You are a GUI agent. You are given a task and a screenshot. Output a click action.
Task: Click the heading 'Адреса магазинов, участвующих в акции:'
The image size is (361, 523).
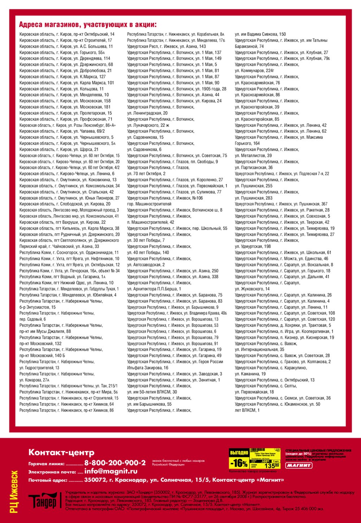[88, 25]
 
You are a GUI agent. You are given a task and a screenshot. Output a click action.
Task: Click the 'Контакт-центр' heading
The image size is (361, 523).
[61, 452]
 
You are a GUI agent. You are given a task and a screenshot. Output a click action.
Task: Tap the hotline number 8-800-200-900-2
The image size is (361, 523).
[115, 463]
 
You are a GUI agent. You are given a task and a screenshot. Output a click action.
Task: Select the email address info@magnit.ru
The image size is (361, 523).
[111, 471]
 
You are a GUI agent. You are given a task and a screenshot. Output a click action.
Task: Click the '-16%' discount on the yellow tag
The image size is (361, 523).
[239, 463]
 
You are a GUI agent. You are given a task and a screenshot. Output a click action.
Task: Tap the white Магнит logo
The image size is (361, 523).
[299, 465]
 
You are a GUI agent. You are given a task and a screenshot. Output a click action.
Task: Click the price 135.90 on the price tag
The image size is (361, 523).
[272, 465]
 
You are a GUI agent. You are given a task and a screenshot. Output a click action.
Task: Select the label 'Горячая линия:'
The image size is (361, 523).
[47, 464]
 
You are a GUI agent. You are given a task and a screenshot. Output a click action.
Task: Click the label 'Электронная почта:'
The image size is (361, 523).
[52, 472]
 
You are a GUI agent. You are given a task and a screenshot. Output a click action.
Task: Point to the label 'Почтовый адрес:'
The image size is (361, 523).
[48, 480]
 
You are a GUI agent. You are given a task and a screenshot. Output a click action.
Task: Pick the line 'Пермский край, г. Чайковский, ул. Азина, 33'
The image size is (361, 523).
[59, 247]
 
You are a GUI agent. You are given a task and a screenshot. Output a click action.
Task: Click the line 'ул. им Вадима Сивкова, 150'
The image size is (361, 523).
[260, 34]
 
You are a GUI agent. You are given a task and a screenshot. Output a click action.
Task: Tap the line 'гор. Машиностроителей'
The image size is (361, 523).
[149, 204]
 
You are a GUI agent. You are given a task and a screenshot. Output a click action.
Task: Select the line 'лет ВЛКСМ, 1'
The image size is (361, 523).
[247, 410]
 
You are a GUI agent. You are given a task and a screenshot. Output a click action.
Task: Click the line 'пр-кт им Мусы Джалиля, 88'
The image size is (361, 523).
[45, 331]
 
